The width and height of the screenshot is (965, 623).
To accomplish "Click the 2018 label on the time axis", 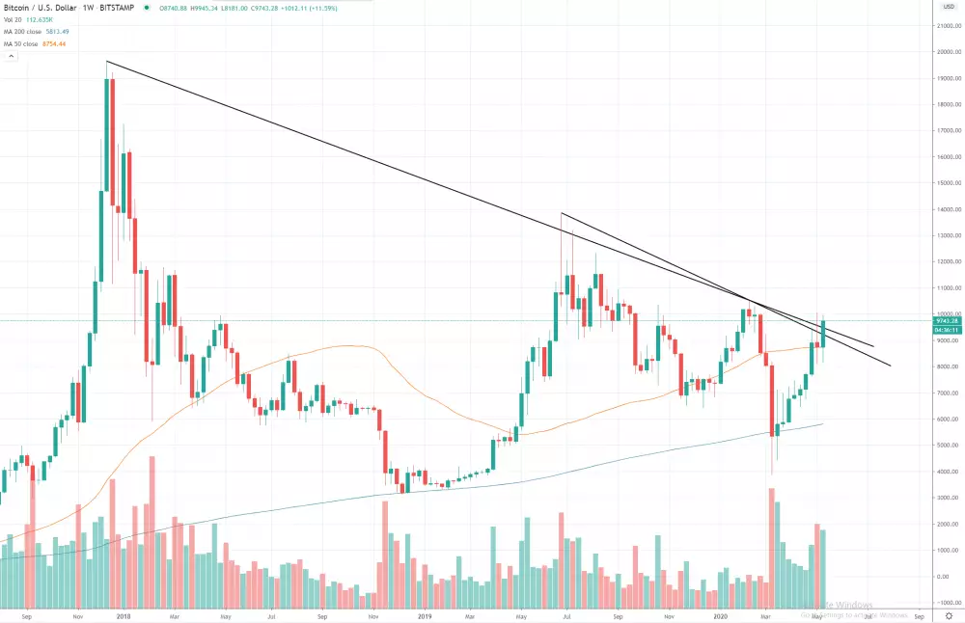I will coord(124,614).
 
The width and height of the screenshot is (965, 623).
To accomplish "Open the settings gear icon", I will coord(948,614).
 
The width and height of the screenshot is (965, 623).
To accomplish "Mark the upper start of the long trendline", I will coord(107,63).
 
